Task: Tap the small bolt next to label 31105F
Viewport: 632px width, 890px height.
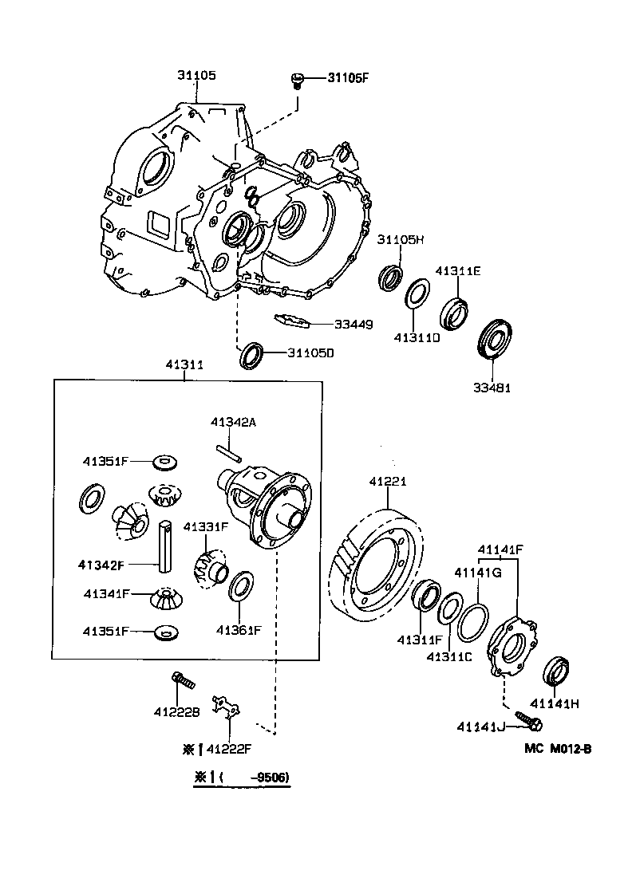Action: (x=298, y=80)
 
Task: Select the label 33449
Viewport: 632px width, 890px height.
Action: (x=353, y=324)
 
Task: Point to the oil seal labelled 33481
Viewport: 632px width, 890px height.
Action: (x=495, y=341)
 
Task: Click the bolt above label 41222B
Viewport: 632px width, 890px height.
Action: (x=182, y=681)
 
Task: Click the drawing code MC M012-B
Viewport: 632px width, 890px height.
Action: (x=558, y=749)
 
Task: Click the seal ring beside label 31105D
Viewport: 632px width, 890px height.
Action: (x=252, y=355)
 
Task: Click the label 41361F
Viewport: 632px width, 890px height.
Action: (x=238, y=630)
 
